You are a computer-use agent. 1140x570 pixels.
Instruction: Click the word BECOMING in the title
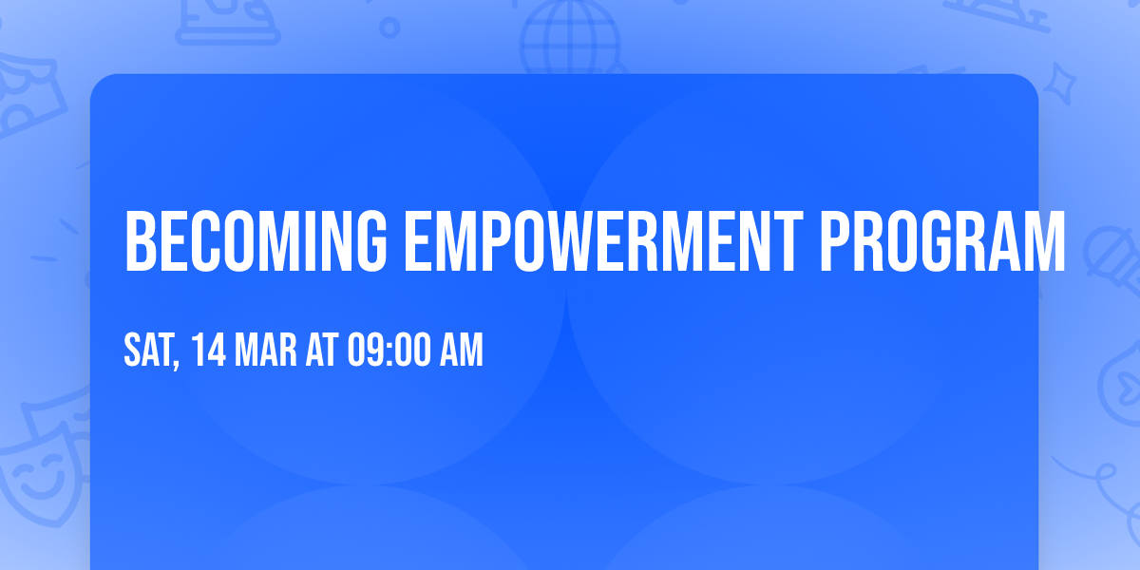[x=256, y=241]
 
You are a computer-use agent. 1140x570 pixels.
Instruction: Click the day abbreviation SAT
[x=146, y=351]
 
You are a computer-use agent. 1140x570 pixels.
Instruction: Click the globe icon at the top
[x=569, y=38]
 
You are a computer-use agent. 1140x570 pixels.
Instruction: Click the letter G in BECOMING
[x=372, y=241]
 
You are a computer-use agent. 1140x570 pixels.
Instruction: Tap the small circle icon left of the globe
[x=389, y=28]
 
